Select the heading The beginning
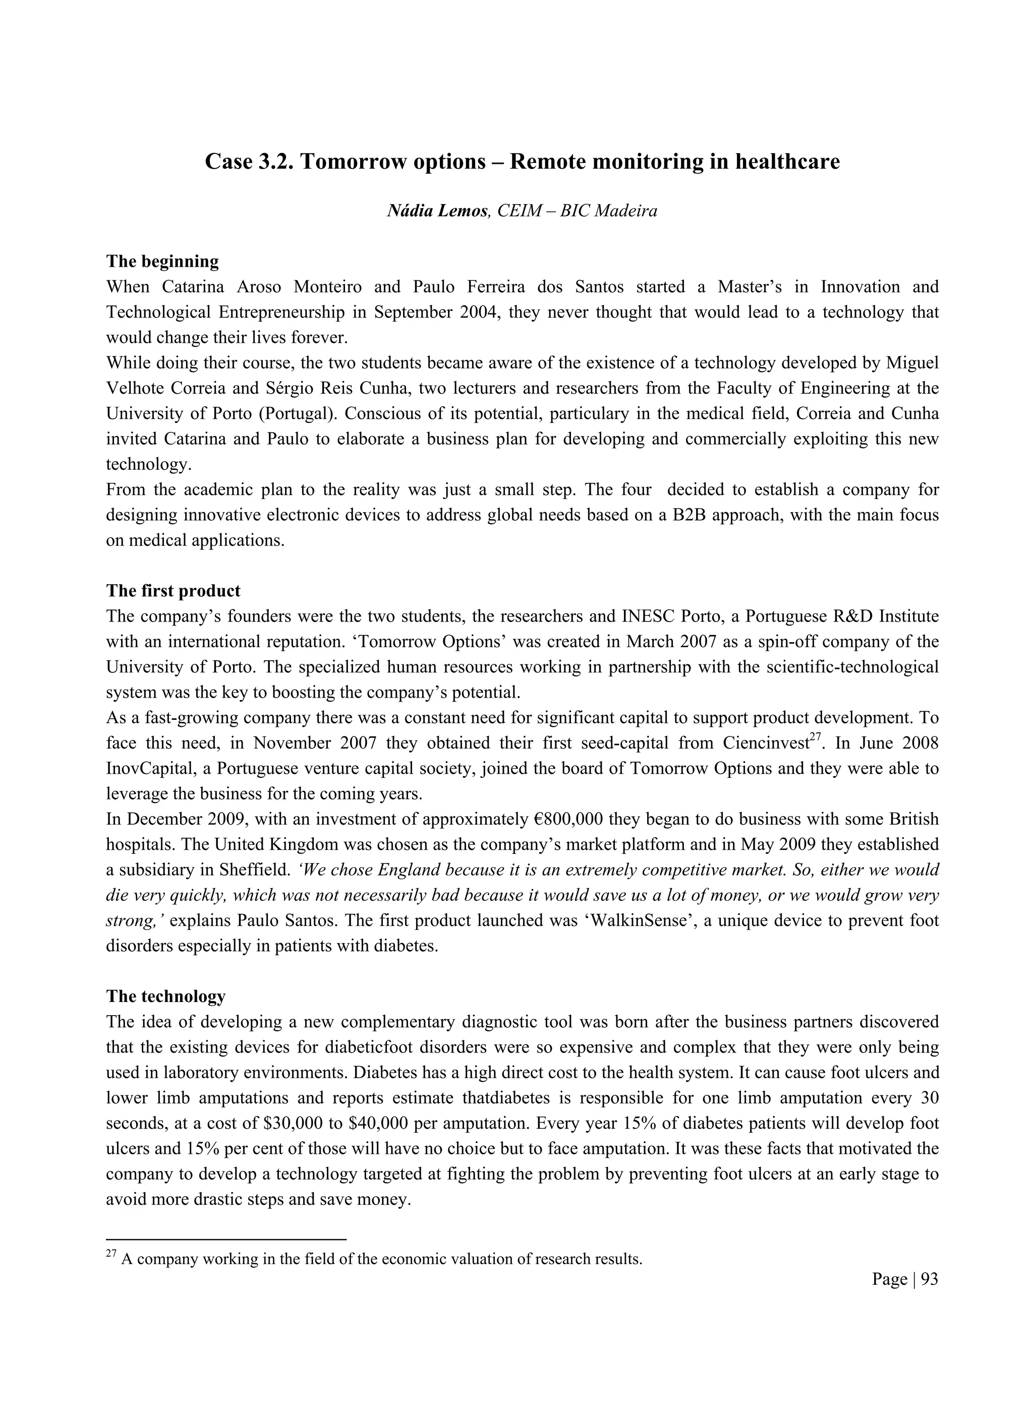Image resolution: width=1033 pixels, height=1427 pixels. [x=162, y=261]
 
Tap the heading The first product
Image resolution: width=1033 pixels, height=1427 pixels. [x=173, y=591]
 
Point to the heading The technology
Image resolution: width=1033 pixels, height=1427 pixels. [x=165, y=996]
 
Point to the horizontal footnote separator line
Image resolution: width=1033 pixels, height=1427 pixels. [x=226, y=1239]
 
